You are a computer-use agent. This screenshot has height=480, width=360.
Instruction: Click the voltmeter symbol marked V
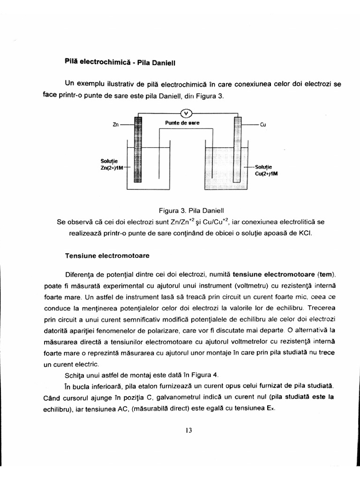point(186,113)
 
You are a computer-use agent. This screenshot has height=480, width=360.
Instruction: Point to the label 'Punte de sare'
point(182,123)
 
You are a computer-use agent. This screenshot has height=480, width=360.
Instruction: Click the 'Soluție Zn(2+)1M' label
point(111,165)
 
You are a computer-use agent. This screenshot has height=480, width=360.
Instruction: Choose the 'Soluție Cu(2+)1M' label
point(263,170)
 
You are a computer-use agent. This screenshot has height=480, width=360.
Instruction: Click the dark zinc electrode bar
point(138,150)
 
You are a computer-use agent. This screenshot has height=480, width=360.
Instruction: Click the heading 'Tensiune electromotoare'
point(107,256)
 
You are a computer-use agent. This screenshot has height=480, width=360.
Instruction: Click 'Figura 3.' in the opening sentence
point(211,96)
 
